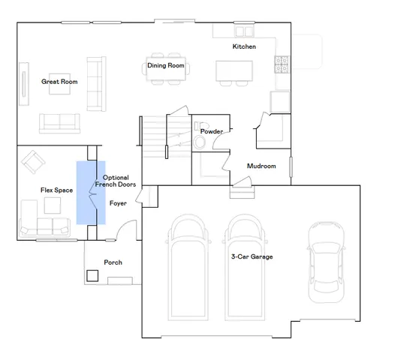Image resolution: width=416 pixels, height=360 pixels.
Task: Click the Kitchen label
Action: click(244, 47)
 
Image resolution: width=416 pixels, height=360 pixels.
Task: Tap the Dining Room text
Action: click(165, 66)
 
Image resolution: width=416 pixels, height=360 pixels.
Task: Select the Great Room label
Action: click(56, 82)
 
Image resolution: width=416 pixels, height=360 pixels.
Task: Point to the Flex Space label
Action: click(56, 190)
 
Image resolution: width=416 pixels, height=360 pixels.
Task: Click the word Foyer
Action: click(118, 203)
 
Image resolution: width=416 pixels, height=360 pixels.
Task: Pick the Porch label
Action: click(113, 262)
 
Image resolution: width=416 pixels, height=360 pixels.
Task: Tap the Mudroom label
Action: click(261, 166)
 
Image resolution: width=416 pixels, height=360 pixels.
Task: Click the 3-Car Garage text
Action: click(252, 257)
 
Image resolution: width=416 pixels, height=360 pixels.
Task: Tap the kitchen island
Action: click(234, 70)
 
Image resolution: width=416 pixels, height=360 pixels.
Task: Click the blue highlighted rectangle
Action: click(90, 193)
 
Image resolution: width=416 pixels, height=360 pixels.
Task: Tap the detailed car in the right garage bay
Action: click(324, 259)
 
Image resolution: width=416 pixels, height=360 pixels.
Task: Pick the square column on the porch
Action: click(93, 275)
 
